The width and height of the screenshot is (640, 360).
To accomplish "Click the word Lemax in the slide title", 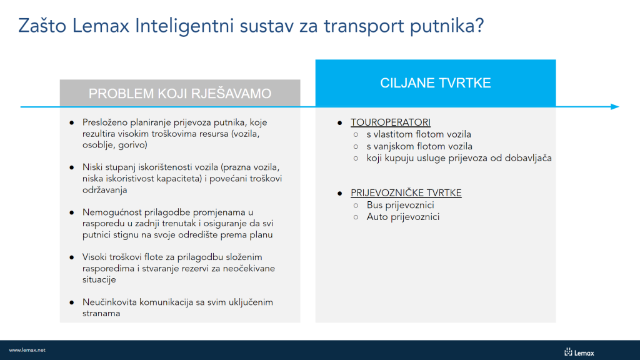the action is pyautogui.click(x=101, y=26).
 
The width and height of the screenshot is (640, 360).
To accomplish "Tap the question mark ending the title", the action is pyautogui.click(x=479, y=26).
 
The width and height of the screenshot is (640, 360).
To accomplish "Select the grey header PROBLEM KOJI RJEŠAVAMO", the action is pyautogui.click(x=180, y=94).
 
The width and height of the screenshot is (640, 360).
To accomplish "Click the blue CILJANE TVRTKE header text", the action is pyautogui.click(x=436, y=83).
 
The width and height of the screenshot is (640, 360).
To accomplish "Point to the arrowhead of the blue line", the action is pyautogui.click(x=615, y=107).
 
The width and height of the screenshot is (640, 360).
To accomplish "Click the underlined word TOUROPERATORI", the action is pyautogui.click(x=391, y=122).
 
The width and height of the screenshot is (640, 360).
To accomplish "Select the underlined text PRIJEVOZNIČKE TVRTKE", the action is pyautogui.click(x=406, y=193).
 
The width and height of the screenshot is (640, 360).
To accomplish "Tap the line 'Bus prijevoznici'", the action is pyautogui.click(x=401, y=205).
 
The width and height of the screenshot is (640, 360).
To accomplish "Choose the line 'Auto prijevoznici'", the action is pyautogui.click(x=403, y=217).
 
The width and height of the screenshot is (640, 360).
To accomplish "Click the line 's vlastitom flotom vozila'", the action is pyautogui.click(x=419, y=134).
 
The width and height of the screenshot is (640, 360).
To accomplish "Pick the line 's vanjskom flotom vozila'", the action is pyautogui.click(x=419, y=146).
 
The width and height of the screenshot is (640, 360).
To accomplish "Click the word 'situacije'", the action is pyautogui.click(x=99, y=279).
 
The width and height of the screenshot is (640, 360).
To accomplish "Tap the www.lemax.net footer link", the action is pyautogui.click(x=27, y=350).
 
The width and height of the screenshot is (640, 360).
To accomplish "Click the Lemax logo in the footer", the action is pyautogui.click(x=579, y=352).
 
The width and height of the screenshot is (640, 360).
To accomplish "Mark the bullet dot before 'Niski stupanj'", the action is pyautogui.click(x=72, y=167).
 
